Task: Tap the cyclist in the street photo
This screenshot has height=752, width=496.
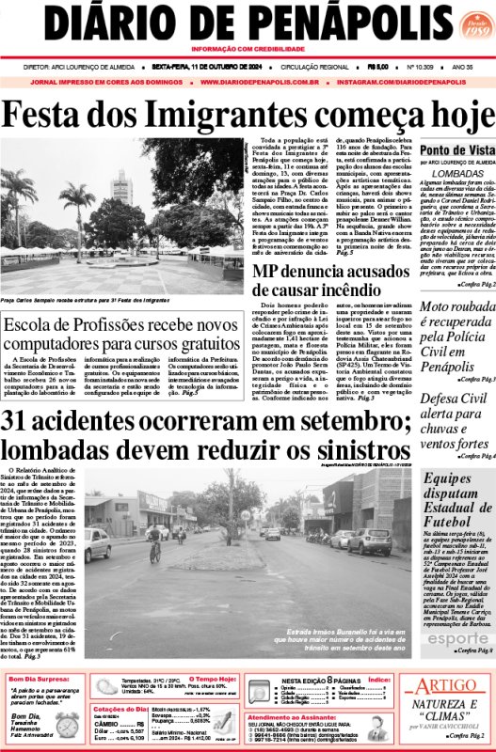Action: pos(156,546)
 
